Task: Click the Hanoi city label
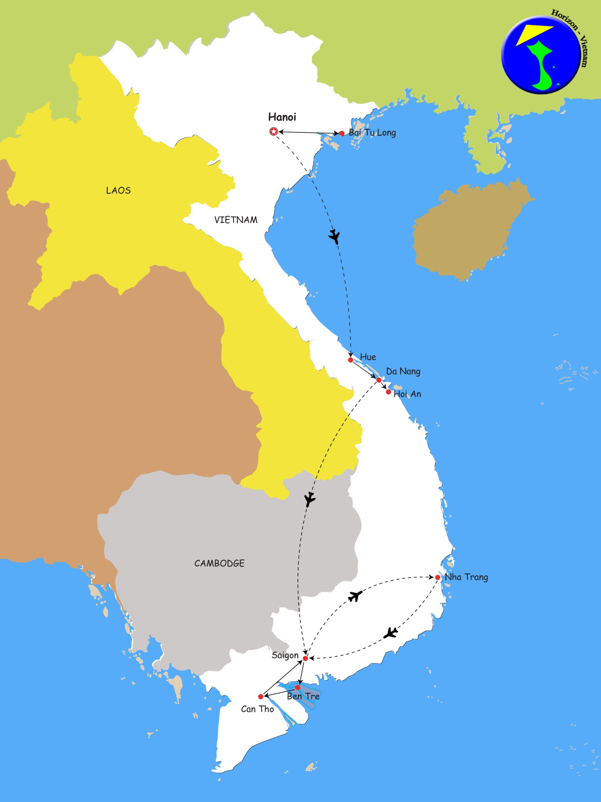pyautogui.click(x=282, y=117)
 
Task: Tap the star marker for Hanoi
pyautogui.click(x=274, y=132)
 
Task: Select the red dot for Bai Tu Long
pyautogui.click(x=342, y=133)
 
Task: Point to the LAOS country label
pyautogui.click(x=118, y=191)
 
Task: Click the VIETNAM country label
pyautogui.click(x=236, y=220)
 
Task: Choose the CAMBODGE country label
pyautogui.click(x=219, y=563)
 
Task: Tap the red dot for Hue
pyautogui.click(x=350, y=360)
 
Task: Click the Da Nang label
pyautogui.click(x=403, y=371)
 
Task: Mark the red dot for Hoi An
pyautogui.click(x=389, y=392)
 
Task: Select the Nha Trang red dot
pyautogui.click(x=438, y=577)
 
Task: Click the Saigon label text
pyautogui.click(x=285, y=655)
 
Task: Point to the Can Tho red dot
pyautogui.click(x=261, y=696)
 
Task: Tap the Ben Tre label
pyautogui.click(x=303, y=696)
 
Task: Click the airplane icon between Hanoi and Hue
pyautogui.click(x=334, y=237)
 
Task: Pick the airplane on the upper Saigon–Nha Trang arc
pyautogui.click(x=355, y=596)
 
